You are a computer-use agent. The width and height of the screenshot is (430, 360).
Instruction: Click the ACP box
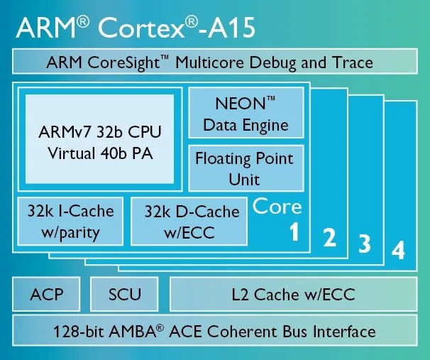point(46,294)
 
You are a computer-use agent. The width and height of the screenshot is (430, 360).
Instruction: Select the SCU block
point(124,294)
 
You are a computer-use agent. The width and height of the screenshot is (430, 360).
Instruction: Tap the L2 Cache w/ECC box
point(294,294)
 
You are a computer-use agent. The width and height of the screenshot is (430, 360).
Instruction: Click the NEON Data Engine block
point(246,112)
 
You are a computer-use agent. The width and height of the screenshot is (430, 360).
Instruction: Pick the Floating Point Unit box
point(246,168)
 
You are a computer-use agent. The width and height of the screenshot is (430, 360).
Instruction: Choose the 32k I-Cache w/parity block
point(70,221)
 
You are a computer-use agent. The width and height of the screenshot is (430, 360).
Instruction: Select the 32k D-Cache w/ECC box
point(189,221)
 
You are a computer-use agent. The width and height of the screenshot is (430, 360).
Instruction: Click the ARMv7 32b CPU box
point(99,139)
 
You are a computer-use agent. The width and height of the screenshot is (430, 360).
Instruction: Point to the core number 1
point(294,232)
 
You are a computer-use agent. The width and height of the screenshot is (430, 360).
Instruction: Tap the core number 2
point(329,238)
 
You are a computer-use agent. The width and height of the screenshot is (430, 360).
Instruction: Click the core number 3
point(365,244)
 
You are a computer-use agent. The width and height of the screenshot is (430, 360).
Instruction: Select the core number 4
point(398,250)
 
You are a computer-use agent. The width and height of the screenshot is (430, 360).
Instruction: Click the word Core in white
point(277,206)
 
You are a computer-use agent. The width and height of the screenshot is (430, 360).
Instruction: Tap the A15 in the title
point(231,28)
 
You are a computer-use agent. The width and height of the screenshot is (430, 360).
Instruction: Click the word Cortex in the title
point(141,28)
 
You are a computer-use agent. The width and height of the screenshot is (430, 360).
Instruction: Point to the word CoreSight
point(123,62)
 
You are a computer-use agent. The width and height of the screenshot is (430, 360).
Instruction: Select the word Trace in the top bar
point(353,62)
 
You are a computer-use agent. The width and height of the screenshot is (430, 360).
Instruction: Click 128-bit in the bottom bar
point(79,332)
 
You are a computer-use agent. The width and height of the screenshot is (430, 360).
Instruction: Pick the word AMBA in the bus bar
point(133,332)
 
